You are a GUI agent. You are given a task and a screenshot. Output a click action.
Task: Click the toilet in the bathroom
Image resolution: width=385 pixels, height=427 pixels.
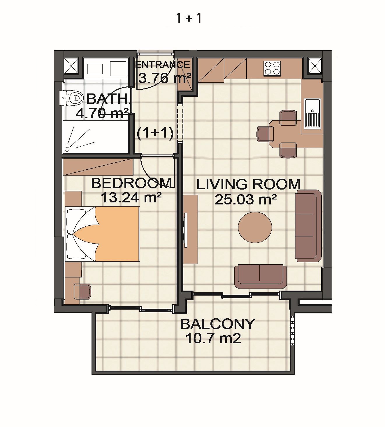click(x=72, y=98)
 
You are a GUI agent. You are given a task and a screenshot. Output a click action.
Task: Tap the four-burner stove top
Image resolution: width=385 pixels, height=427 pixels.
click(x=272, y=68)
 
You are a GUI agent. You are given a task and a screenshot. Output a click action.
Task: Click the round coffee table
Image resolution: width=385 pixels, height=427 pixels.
click(x=255, y=227)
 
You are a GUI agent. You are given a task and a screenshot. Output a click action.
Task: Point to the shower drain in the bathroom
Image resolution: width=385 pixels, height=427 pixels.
click(x=67, y=149)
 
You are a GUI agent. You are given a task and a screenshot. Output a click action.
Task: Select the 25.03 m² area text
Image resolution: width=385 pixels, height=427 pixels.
click(x=246, y=200)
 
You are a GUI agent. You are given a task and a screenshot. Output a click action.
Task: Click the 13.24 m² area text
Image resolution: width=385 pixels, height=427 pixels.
click(x=131, y=198)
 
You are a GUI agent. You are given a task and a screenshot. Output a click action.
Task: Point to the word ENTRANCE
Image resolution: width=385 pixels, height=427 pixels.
click(x=163, y=65)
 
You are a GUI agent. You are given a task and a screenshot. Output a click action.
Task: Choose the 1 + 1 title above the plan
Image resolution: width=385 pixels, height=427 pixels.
click(x=189, y=19)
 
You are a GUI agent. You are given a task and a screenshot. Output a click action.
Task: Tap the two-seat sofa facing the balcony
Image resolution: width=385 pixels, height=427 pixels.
click(x=261, y=277)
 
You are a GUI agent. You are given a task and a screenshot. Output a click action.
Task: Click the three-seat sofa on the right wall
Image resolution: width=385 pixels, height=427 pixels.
click(x=309, y=226)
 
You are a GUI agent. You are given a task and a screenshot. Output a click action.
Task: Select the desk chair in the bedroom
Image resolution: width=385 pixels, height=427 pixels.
click(x=82, y=291)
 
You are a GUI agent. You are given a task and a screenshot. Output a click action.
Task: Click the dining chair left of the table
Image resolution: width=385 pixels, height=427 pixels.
click(x=265, y=134)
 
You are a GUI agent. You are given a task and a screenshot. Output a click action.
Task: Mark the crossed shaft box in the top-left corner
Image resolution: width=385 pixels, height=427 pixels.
click(x=71, y=66)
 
